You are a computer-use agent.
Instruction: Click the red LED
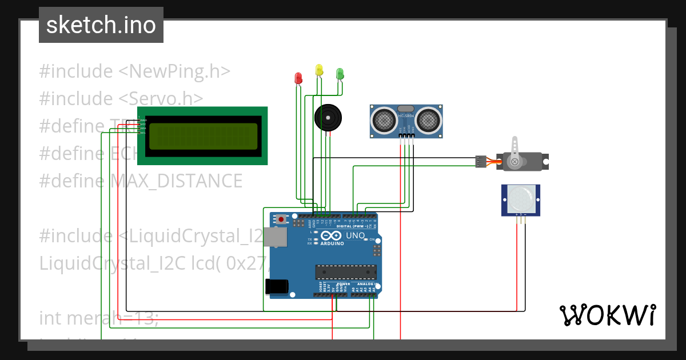pyautogui.click(x=297, y=78)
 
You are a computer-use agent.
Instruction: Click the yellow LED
pyautogui.click(x=319, y=70)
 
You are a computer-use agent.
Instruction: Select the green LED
pyautogui.click(x=340, y=74)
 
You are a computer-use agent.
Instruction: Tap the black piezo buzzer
pyautogui.click(x=329, y=118)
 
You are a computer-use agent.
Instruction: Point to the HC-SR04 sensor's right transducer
pyautogui.click(x=428, y=121)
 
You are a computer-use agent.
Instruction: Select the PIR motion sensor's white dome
pyautogui.click(x=521, y=198)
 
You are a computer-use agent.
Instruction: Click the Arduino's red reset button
pyautogui.click(x=281, y=218)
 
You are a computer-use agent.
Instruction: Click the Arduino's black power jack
pyautogui.click(x=276, y=286)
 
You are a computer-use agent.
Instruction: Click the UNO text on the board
pyautogui.click(x=356, y=235)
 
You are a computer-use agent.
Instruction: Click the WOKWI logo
pyautogui.click(x=607, y=315)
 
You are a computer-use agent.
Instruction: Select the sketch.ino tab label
pyautogui.click(x=101, y=25)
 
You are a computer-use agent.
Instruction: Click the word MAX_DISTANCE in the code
pyautogui.click(x=177, y=181)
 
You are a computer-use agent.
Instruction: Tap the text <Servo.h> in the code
pyautogui.click(x=161, y=98)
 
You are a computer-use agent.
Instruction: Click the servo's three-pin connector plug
pyautogui.click(x=481, y=162)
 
